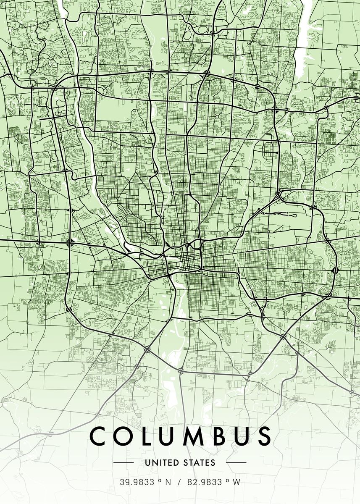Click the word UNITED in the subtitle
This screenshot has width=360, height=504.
click(x=159, y=463)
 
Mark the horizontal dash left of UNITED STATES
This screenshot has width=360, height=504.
click(x=124, y=463)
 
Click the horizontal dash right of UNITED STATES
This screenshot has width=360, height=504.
click(x=236, y=463)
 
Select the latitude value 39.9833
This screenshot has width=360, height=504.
click(x=135, y=482)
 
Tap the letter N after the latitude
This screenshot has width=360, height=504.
click(x=168, y=482)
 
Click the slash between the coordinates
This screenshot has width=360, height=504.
click(x=179, y=482)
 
